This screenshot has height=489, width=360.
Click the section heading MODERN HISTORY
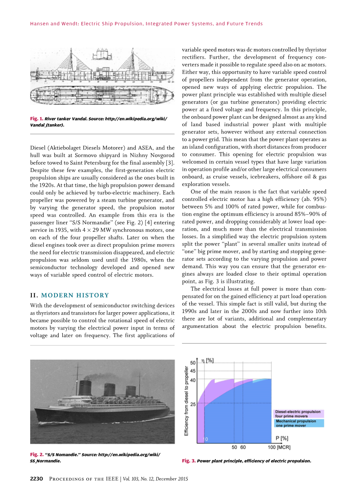tap(74, 295)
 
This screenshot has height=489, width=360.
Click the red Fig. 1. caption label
tap(37, 119)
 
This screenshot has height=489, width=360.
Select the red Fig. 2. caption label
tap(37, 454)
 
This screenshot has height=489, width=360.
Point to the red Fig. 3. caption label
tap(188, 461)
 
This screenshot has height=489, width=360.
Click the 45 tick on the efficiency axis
tap(193, 371)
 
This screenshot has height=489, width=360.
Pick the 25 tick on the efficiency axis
tap(193, 404)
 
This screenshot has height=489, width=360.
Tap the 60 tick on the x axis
tap(243, 447)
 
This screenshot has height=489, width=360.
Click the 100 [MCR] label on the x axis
tap(279, 447)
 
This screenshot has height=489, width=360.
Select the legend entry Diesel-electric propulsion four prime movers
tap(298, 414)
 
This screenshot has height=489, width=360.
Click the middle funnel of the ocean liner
tap(109, 389)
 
